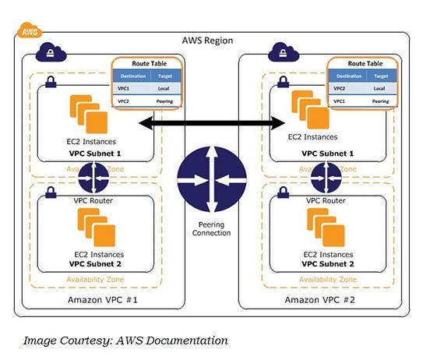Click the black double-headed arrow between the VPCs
[211, 122]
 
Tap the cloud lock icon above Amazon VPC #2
[281, 54]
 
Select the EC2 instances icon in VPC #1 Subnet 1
[89, 113]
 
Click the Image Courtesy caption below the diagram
[125, 340]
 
